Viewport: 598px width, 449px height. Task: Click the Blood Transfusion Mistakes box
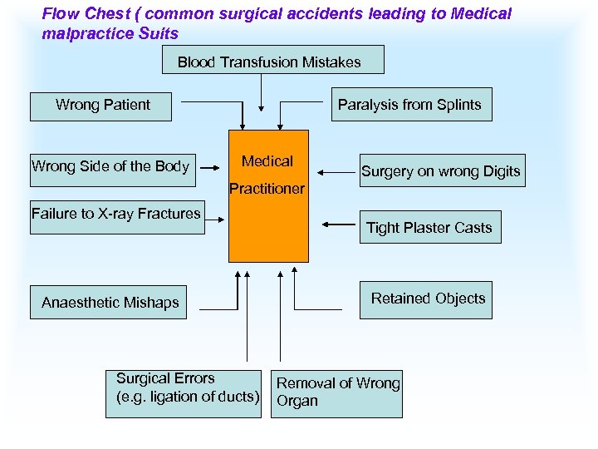269,61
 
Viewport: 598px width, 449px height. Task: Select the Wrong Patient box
100,106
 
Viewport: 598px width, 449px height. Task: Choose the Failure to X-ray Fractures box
116,217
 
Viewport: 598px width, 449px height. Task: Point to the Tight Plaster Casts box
429,227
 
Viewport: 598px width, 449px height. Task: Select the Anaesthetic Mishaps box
110,302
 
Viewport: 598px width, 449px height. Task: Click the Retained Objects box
425,299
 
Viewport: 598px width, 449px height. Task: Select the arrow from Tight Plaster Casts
341,224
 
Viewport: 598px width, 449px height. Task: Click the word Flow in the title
59,14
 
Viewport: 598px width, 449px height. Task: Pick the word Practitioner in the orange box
267,189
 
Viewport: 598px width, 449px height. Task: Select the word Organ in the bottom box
297,401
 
